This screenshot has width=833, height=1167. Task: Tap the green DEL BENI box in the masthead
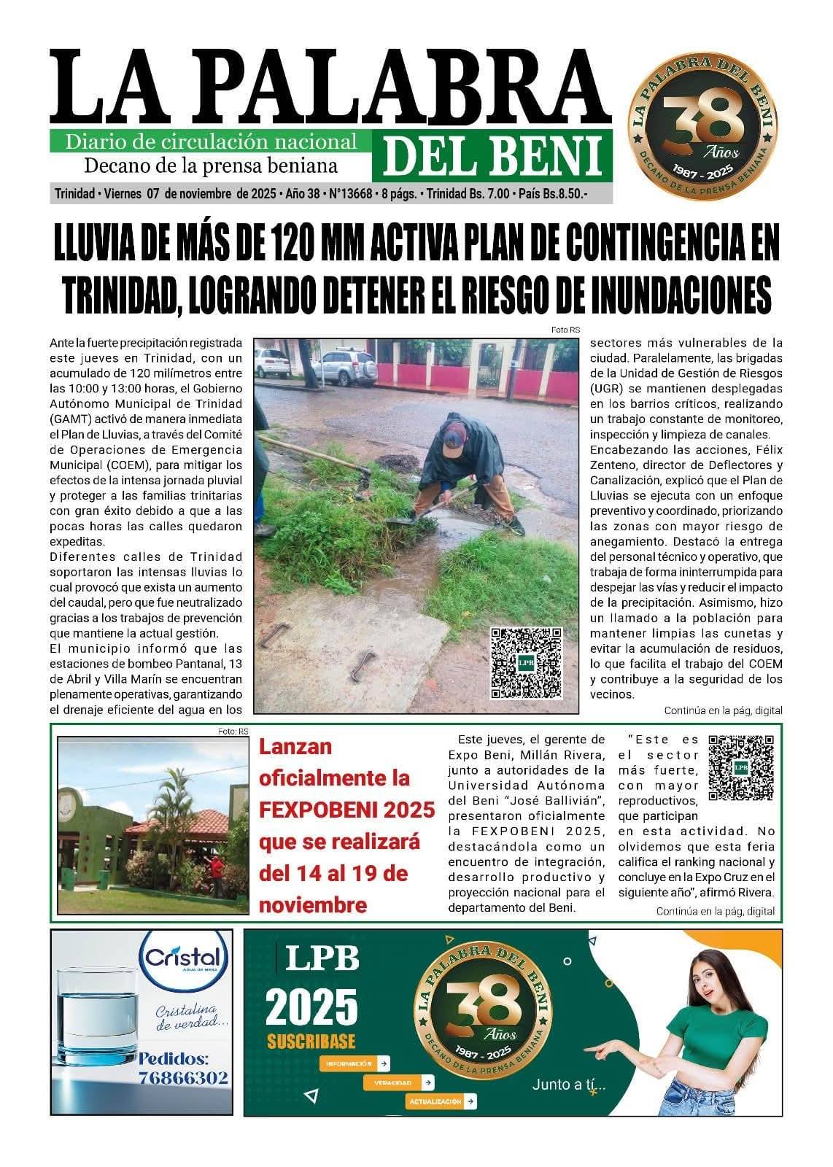coord(492,156)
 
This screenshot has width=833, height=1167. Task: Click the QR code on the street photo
coord(526,662)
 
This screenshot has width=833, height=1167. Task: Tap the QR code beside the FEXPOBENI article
coord(740,767)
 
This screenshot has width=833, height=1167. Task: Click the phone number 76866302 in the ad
coord(183,1077)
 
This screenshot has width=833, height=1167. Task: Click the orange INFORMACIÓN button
coord(354,1063)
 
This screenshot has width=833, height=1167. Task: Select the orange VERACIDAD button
coord(398,1083)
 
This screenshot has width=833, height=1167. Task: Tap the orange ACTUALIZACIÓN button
coord(441,1101)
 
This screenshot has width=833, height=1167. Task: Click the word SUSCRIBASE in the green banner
coord(311,1041)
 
